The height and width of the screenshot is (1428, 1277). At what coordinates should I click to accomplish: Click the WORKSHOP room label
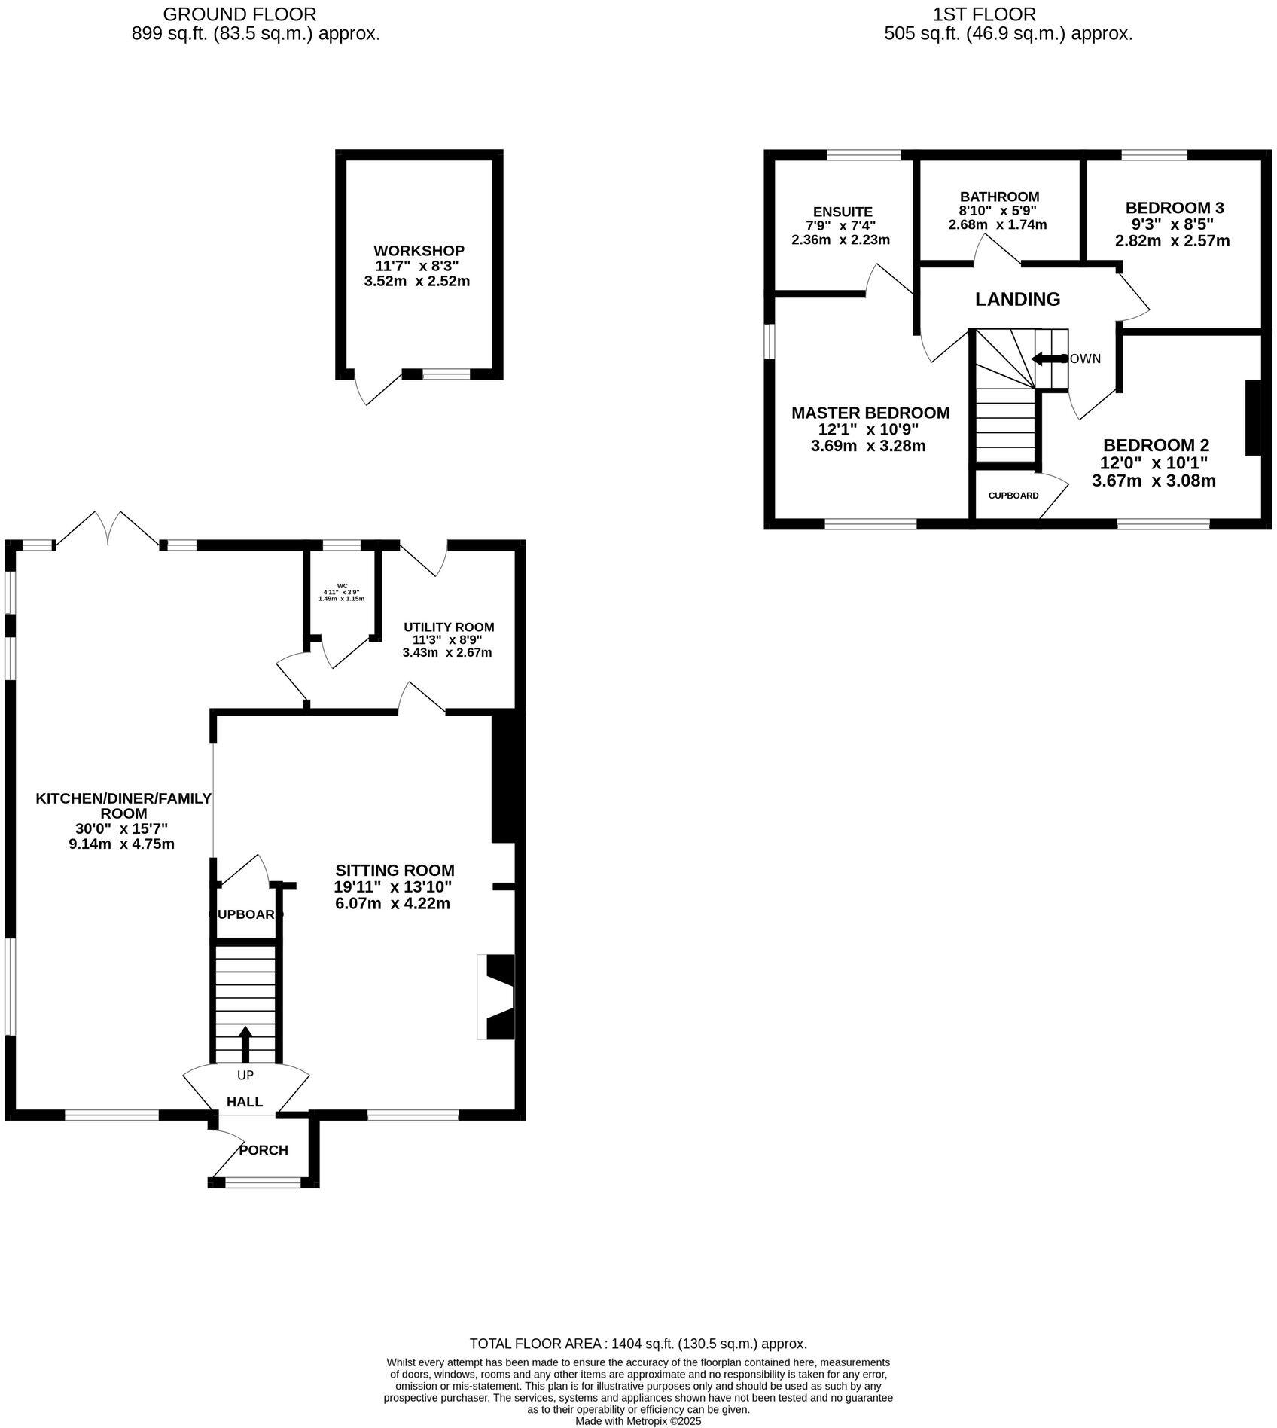[419, 250]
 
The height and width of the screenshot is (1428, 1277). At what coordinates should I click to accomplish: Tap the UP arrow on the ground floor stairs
[245, 1043]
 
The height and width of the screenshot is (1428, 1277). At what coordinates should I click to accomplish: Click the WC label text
[342, 585]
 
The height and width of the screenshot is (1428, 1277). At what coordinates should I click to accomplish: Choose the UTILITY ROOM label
[449, 627]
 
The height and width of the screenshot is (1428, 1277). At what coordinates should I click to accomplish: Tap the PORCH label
[264, 1150]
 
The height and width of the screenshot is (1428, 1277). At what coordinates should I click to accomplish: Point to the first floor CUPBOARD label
[1013, 496]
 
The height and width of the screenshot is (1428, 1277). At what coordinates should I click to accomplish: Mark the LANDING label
[1017, 299]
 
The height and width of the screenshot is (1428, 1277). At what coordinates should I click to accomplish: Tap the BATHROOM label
[999, 197]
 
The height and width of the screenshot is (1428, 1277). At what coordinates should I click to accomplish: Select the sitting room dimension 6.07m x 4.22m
[392, 903]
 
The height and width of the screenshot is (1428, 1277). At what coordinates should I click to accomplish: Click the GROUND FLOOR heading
[239, 14]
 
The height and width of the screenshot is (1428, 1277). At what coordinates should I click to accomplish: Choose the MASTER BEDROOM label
[870, 413]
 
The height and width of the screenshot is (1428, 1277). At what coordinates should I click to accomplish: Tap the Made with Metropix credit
[638, 1421]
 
